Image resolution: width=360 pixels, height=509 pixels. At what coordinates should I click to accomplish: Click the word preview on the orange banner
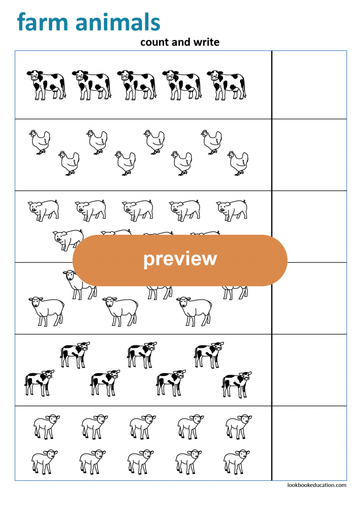coord(180,259)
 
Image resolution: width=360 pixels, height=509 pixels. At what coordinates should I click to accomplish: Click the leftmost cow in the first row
coord(46,85)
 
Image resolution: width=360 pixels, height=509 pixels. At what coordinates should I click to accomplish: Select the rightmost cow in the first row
coord(226,85)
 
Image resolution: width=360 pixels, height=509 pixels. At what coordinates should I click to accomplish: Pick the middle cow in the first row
coord(136,85)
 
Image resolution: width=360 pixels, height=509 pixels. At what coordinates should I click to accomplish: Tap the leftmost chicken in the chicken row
coord(40,142)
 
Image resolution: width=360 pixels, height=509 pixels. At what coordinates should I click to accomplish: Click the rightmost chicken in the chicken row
coord(238,163)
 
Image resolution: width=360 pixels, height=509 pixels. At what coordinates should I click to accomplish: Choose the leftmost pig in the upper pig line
coord(44,210)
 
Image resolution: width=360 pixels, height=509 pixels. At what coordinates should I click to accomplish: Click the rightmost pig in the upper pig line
coord(232,210)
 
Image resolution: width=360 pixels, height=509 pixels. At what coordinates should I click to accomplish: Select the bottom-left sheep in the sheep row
coord(46,310)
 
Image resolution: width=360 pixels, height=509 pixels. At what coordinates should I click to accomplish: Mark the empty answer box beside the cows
coord(309,85)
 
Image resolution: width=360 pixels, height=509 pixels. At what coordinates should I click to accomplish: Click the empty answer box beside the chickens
coord(309,155)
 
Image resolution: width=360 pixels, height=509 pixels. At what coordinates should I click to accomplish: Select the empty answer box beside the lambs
coord(309,443)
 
